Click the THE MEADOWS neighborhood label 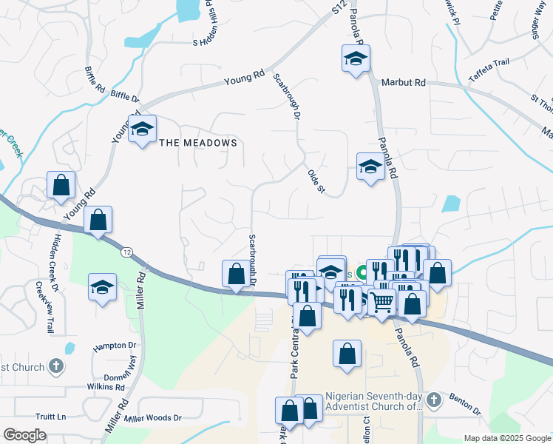(x=199, y=143)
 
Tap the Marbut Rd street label (x=404, y=83)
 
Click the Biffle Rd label (x=95, y=78)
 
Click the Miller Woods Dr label (x=152, y=419)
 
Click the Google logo (x=24, y=435)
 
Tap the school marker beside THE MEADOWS (x=141, y=130)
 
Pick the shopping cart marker (x=381, y=302)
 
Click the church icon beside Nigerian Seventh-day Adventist (x=434, y=400)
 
